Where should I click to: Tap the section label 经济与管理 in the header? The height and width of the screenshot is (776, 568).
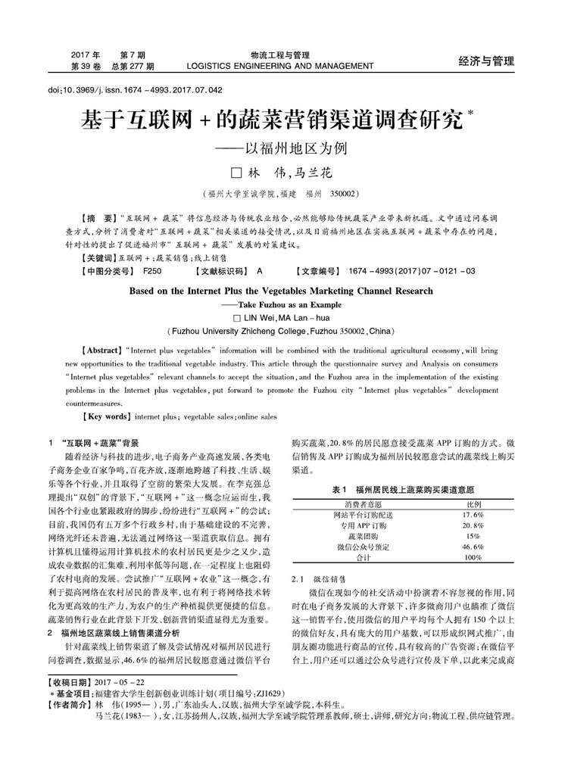click(486, 61)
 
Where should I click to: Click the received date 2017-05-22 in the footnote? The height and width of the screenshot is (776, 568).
click(122, 683)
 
